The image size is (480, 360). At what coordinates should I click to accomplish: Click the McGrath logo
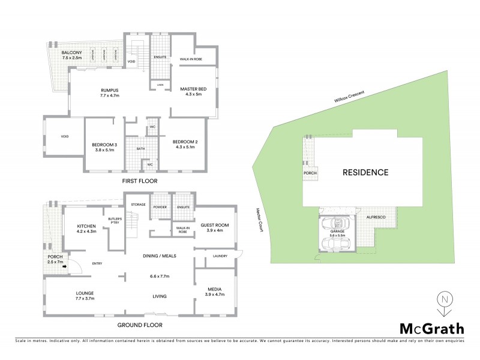click(432, 328)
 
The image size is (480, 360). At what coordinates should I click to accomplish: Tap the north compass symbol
click(443, 303)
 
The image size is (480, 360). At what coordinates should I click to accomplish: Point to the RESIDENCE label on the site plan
click(365, 172)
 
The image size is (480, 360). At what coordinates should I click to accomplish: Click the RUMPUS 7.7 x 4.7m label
click(110, 93)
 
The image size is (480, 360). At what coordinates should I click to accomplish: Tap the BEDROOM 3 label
click(104, 147)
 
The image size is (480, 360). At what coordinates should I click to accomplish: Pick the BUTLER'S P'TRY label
click(115, 220)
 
